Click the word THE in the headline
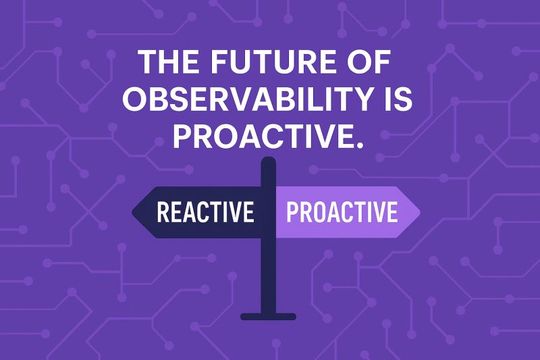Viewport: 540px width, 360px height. tap(168, 62)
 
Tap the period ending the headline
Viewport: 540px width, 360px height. tap(360, 145)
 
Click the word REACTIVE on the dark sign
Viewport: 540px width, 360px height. tap(206, 211)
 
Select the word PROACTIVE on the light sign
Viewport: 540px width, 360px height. tap(342, 211)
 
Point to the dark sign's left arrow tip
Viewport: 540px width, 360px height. tap(132, 212)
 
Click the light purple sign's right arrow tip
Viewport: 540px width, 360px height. tap(419, 212)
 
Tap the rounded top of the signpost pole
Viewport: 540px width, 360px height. tap(269, 160)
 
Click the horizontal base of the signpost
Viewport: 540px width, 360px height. tap(268, 317)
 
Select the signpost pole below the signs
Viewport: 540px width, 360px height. tap(269, 276)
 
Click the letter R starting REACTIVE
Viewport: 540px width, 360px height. tap(163, 211)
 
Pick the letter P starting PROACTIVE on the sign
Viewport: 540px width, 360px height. tap(292, 211)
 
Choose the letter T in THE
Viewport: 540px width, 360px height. tap(148, 62)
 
